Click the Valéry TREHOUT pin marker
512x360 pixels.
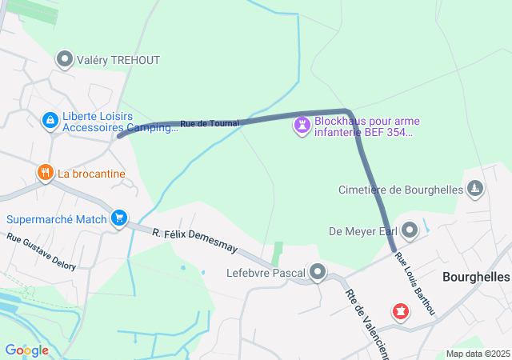[65, 60]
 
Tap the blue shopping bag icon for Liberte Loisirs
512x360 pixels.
[50, 120]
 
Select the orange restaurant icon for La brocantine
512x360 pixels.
[45, 173]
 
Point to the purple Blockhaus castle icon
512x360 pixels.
[302, 126]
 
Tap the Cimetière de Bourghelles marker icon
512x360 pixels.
[475, 189]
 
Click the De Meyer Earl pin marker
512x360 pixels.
[410, 231]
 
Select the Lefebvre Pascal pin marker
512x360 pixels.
[318, 274]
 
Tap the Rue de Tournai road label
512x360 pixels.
[210, 123]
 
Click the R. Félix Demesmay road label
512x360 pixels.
[196, 241]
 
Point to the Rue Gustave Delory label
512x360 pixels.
[42, 252]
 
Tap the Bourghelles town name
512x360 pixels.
[476, 276]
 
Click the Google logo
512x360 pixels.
[26, 350]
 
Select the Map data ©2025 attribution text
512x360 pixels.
[478, 354]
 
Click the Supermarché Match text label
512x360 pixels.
[57, 219]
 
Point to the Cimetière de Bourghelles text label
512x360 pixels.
[402, 190]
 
